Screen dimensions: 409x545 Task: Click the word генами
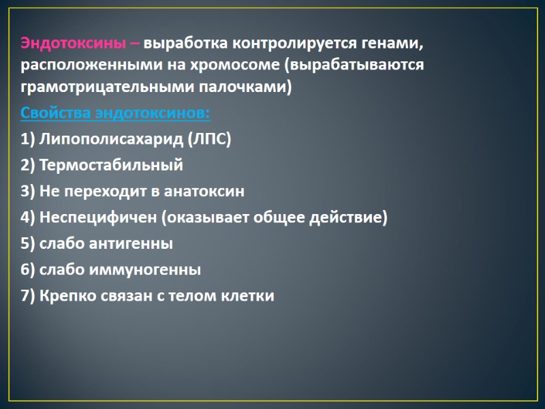click(x=395, y=44)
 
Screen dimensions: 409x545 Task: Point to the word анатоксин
click(x=204, y=191)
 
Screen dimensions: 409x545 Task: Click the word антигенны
click(x=129, y=243)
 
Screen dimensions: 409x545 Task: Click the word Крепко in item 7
click(x=65, y=296)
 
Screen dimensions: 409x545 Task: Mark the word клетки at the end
click(x=249, y=296)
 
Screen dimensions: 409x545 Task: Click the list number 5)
click(x=28, y=243)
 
